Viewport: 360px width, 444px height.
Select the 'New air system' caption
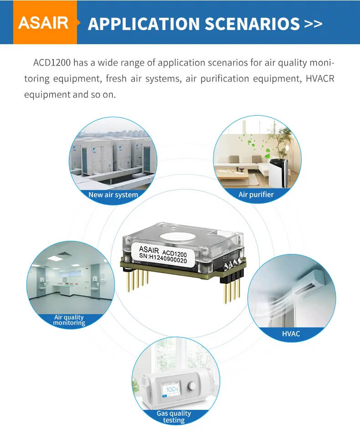point(113,194)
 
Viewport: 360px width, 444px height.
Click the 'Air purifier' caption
point(256,194)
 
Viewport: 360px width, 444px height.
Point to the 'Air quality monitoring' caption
point(69,320)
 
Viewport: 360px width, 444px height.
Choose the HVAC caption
point(291,334)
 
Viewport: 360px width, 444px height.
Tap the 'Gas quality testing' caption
point(174,416)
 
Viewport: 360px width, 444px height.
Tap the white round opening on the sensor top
point(184,236)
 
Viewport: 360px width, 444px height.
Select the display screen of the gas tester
point(171,391)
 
